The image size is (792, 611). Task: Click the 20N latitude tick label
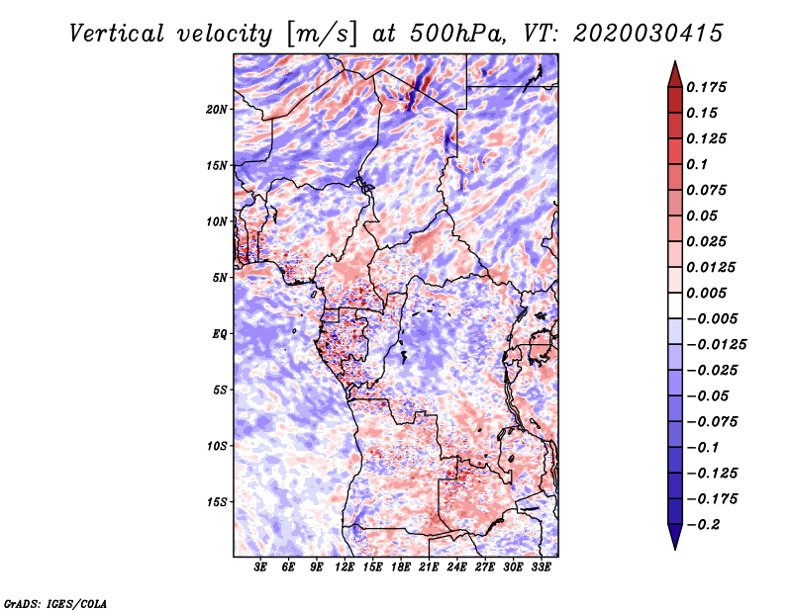(217, 109)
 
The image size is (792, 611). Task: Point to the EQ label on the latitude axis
(220, 334)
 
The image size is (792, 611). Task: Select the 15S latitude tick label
(217, 502)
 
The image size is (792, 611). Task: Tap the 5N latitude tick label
(220, 278)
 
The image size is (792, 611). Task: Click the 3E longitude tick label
(261, 567)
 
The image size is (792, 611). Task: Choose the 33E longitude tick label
(542, 567)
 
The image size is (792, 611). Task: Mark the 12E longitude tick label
(346, 567)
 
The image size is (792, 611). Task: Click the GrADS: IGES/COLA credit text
(54, 602)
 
